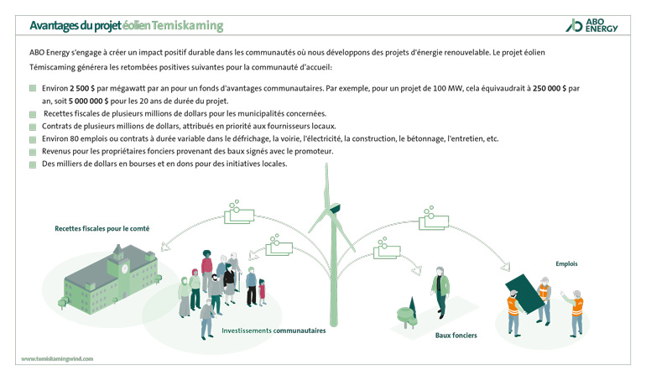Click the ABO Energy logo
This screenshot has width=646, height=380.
(593, 24)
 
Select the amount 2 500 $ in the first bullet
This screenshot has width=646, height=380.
(84, 87)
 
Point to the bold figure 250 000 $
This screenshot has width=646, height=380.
(550, 87)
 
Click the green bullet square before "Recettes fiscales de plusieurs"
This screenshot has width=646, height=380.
(33, 113)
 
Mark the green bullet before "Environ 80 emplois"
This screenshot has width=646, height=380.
(33, 138)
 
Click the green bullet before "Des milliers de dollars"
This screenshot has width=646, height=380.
(33, 164)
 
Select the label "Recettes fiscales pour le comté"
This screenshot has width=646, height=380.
(102, 227)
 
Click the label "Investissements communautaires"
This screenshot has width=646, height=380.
(274, 331)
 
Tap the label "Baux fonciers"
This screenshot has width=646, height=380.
(456, 336)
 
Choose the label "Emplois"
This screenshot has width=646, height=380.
(566, 263)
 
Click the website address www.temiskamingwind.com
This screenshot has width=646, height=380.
(57, 358)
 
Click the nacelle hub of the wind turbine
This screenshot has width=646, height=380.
(333, 209)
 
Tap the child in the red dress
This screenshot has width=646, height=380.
(262, 289)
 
